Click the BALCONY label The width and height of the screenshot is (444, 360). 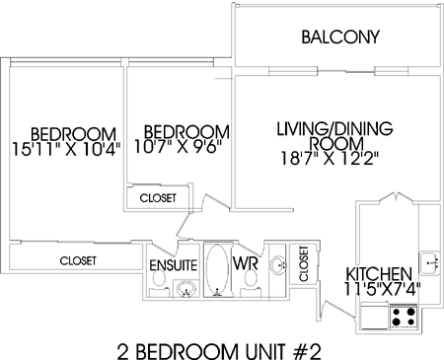coord(340,36)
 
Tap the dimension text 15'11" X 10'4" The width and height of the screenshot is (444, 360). coord(66,149)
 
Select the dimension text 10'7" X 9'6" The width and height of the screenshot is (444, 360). coord(178,147)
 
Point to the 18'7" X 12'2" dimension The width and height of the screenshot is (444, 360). coord(330,159)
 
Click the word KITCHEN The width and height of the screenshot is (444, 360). coord(379,273)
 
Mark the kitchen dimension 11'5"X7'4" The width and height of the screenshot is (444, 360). coord(382,289)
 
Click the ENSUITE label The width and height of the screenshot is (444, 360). coord(174,265)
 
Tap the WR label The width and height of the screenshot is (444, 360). coord(245,263)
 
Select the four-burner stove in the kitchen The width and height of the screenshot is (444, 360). coord(404,317)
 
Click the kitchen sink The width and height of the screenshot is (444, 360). coord(429,262)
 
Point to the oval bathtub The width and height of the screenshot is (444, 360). coord(217,269)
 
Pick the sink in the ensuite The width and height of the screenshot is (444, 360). coord(186,289)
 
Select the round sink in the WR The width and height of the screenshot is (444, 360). coord(278,264)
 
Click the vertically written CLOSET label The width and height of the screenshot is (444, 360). coord(303,263)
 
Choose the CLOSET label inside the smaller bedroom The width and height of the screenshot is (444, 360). coord(158,198)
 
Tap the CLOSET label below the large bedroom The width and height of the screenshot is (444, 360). coord(78,260)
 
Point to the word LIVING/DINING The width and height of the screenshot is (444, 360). coord(334,128)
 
